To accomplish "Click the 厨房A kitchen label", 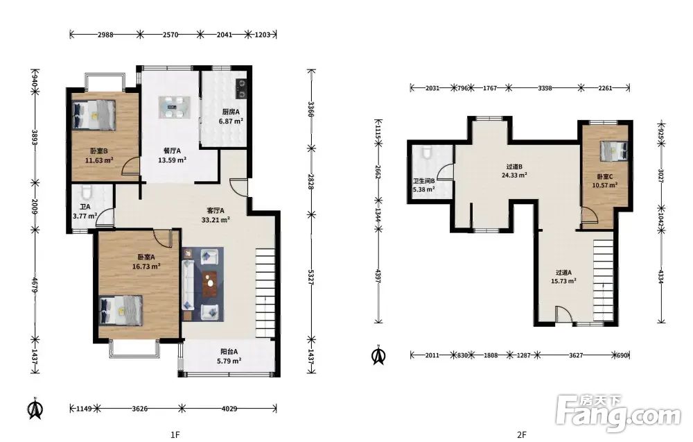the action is (231, 112).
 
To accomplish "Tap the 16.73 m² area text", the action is (146, 266).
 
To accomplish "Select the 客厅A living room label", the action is (216, 211).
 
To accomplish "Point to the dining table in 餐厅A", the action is (175, 107).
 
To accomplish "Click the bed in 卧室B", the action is (94, 115).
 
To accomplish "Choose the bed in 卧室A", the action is (121, 311).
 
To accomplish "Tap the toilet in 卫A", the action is (87, 192).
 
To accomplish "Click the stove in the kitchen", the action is (241, 88).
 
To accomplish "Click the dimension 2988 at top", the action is (105, 35).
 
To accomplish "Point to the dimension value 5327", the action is (311, 277).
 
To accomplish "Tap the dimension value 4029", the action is (229, 409).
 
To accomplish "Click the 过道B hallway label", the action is (514, 167).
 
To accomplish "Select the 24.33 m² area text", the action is (514, 176).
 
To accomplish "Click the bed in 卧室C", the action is (614, 151).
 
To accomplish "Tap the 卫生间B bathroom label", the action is (424, 181).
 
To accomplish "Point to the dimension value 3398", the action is (545, 88).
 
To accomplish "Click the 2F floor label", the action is (522, 434).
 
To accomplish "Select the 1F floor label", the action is (175, 434).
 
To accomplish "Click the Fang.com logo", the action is (618, 414).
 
